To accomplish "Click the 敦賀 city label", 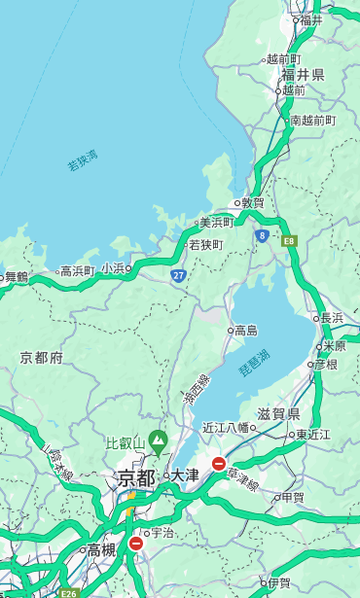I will point(252,202).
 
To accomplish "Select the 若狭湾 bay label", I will point(82,160).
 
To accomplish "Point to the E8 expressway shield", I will point(289,239).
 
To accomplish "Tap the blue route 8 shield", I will point(262,235).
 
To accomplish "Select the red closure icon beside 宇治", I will point(135,544).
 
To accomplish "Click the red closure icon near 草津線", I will point(219,464).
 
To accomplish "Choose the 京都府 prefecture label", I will point(41,358).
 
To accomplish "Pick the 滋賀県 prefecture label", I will point(278,413).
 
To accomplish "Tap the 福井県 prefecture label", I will point(304,74).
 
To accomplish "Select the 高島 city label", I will point(246,331).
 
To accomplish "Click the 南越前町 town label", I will point(312,120).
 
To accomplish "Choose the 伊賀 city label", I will point(279,583).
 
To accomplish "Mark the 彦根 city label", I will point(325,364).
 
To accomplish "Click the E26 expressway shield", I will point(67,593).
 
